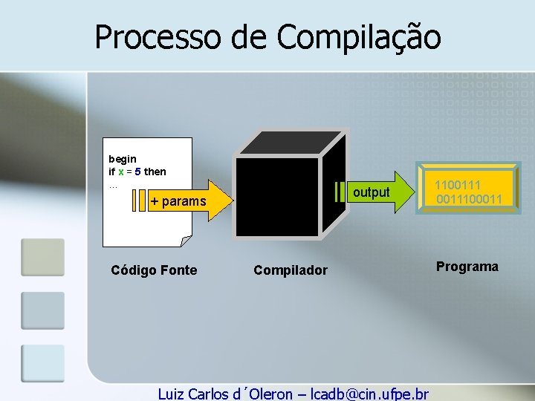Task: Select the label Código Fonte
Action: (x=154, y=270)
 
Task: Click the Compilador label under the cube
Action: (x=290, y=270)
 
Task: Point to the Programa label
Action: (x=467, y=267)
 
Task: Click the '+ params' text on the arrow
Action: (x=178, y=201)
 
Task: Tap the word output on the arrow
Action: (x=371, y=192)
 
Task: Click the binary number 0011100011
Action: (x=470, y=199)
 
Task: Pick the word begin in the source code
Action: (x=123, y=159)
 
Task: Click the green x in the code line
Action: (x=121, y=172)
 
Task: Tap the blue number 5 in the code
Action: (x=137, y=172)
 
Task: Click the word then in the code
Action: (x=155, y=172)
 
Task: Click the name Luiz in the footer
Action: (x=173, y=394)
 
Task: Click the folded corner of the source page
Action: (x=186, y=241)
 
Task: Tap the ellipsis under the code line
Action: (x=113, y=185)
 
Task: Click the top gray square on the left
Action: (x=43, y=257)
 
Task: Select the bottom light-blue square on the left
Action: (x=43, y=363)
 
